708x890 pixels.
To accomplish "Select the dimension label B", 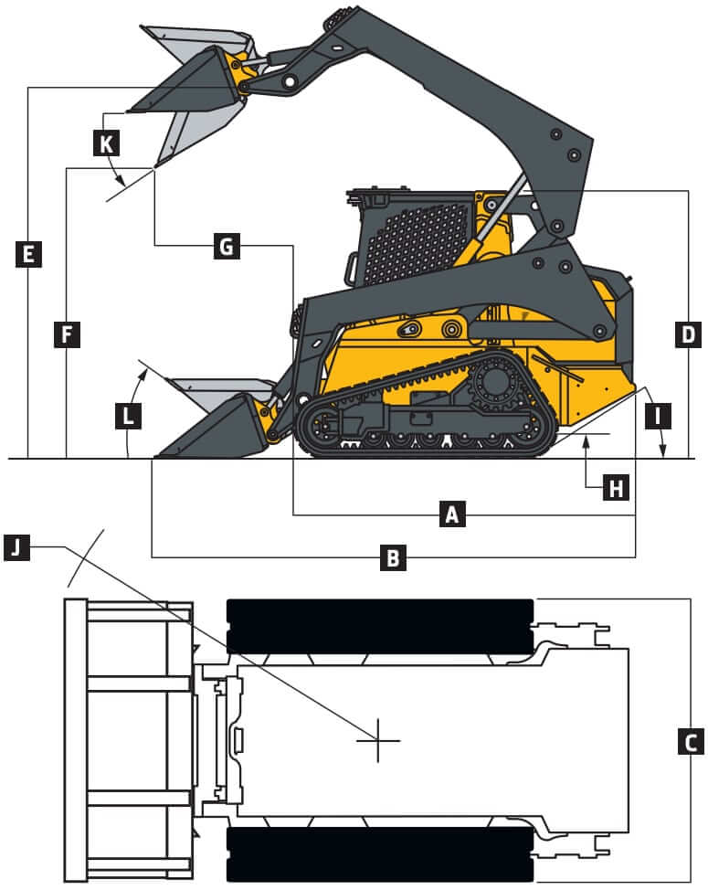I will coord(393,556).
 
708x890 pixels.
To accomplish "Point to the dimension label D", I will coord(687,334).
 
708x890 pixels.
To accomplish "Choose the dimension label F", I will coord(67,334).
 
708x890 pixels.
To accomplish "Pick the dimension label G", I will coord(227,245).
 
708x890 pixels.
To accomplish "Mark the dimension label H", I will coord(617,488).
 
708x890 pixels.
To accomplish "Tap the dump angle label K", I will coord(106,142).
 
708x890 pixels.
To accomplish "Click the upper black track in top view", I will coord(379,626).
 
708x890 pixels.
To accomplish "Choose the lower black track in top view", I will coord(379,854).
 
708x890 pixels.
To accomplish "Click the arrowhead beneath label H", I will coord(586,442).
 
